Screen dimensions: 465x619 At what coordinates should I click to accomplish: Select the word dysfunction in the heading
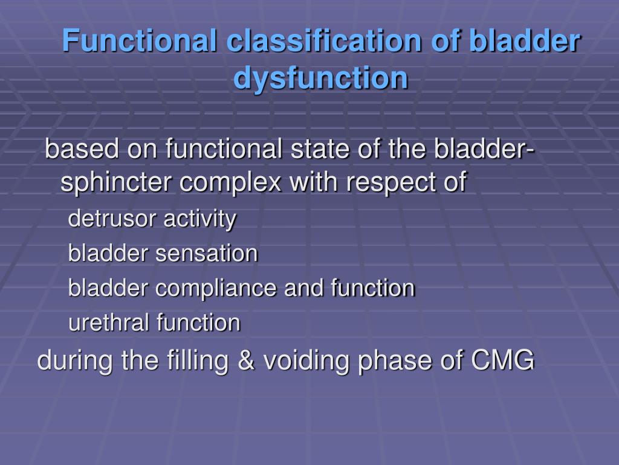(320, 78)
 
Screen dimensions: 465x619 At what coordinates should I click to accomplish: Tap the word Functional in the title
(140, 41)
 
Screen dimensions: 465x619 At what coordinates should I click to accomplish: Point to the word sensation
(206, 253)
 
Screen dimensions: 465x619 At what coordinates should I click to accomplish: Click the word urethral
(109, 323)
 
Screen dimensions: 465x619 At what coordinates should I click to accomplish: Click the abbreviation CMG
(502, 361)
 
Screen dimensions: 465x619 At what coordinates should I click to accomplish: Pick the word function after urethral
(198, 323)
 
